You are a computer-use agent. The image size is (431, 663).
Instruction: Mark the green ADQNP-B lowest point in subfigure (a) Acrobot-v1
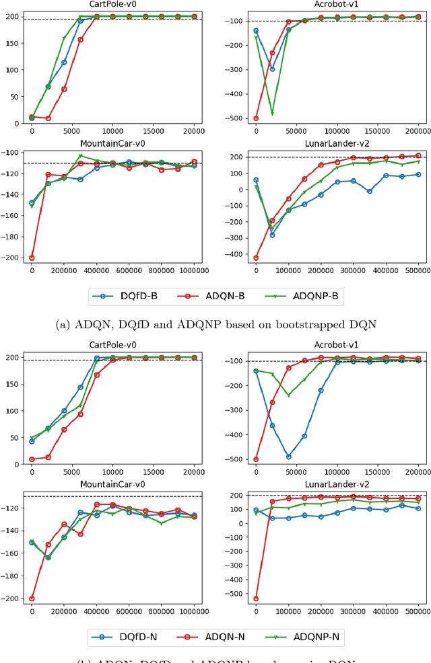[272, 113]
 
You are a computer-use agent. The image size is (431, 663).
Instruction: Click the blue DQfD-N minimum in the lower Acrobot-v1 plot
[288, 457]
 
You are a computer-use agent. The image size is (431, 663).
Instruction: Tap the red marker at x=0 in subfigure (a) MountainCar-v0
[32, 258]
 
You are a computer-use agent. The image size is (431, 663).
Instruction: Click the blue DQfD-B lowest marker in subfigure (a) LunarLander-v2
[272, 235]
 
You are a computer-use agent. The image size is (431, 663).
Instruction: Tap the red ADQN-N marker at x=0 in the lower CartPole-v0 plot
[32, 459]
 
